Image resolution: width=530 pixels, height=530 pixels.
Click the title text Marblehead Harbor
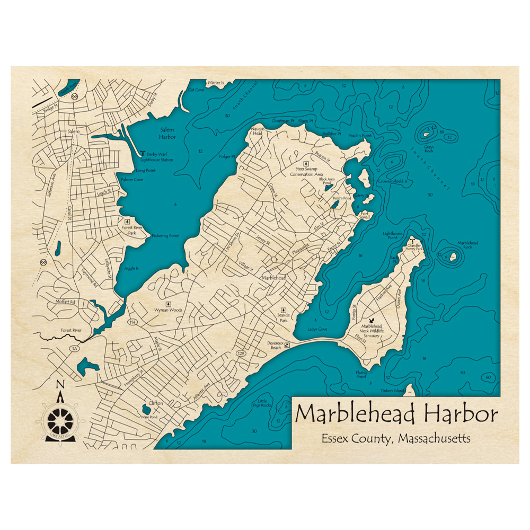pyautogui.click(x=396, y=413)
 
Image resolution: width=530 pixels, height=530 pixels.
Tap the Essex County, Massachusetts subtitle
pyautogui.click(x=395, y=439)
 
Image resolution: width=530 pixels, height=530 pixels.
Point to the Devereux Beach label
pyautogui.click(x=275, y=345)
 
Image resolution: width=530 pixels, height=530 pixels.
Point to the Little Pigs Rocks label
pyautogui.click(x=264, y=403)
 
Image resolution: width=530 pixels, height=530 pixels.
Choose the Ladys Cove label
pyautogui.click(x=317, y=330)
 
